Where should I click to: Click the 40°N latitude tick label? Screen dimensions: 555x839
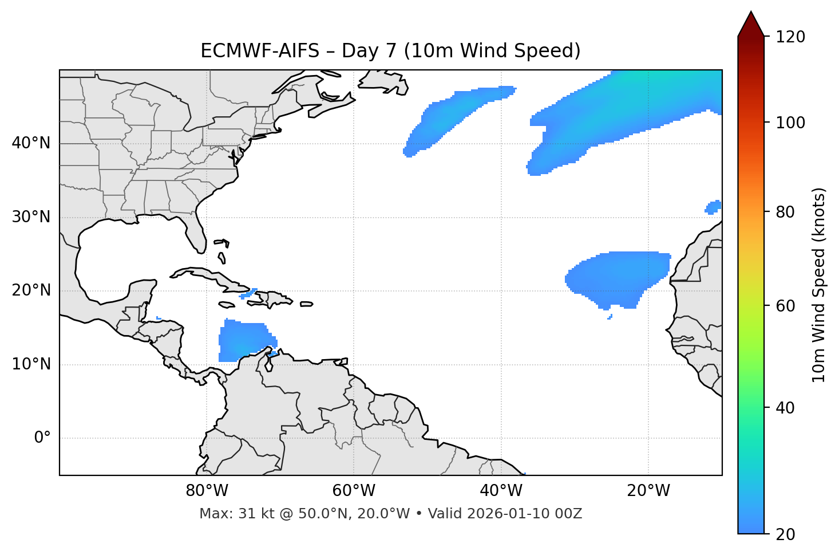[x=31, y=143]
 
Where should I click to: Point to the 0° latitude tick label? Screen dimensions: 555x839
[x=42, y=438]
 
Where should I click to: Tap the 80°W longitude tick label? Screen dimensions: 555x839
[x=207, y=491]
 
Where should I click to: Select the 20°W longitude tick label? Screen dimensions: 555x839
[x=648, y=491]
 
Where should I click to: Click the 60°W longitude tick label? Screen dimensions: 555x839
[x=354, y=491]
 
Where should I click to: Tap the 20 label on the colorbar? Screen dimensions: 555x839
[x=787, y=534]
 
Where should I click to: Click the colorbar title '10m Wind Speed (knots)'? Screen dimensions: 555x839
[x=819, y=285]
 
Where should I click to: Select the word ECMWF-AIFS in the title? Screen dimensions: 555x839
[x=259, y=51]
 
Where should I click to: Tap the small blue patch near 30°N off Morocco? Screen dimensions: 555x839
[x=713, y=207]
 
